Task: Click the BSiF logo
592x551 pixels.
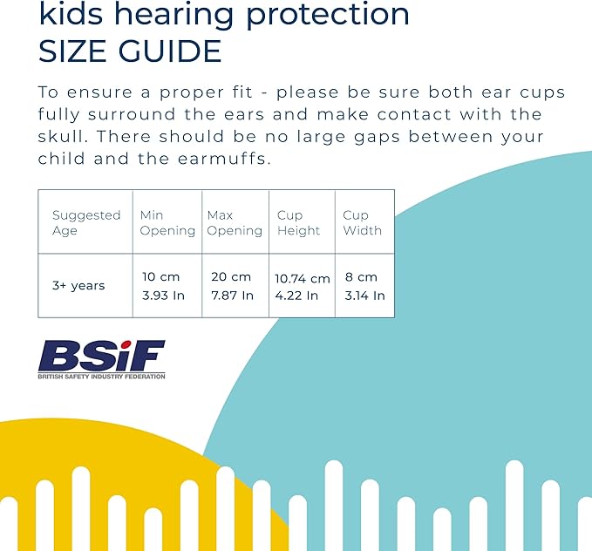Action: tap(101, 356)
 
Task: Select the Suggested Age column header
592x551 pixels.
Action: tap(85, 222)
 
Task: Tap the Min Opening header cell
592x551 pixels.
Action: tap(167, 222)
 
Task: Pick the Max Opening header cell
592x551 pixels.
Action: tap(235, 222)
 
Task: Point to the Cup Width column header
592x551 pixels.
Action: tap(362, 222)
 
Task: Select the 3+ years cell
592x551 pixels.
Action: tap(78, 285)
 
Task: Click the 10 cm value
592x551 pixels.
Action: tap(160, 276)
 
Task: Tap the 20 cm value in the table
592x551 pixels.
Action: tap(230, 276)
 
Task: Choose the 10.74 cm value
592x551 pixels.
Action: tap(303, 279)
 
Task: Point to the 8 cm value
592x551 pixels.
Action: tap(361, 276)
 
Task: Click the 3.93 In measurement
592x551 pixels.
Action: tap(164, 296)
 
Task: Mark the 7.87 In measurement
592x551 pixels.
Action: tap(232, 296)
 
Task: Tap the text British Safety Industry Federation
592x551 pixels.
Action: tap(101, 377)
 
